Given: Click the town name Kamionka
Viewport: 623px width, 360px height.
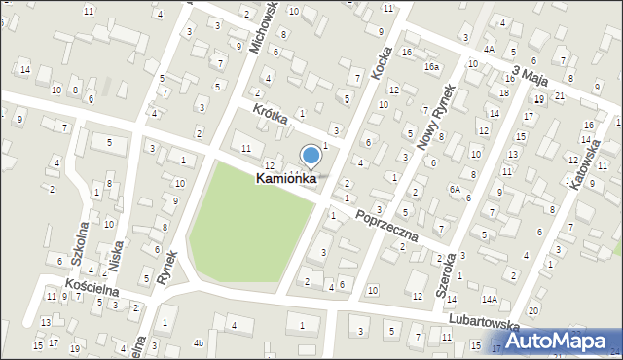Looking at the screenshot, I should [286, 179].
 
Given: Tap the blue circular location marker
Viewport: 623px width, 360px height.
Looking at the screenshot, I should [311, 155].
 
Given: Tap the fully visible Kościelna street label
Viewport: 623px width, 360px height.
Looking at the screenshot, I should [92, 289].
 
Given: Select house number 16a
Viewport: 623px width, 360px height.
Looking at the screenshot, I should [431, 66].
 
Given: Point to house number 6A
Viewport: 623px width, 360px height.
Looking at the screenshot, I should [454, 189].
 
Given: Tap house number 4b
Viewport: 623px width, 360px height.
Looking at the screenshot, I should [198, 342].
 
